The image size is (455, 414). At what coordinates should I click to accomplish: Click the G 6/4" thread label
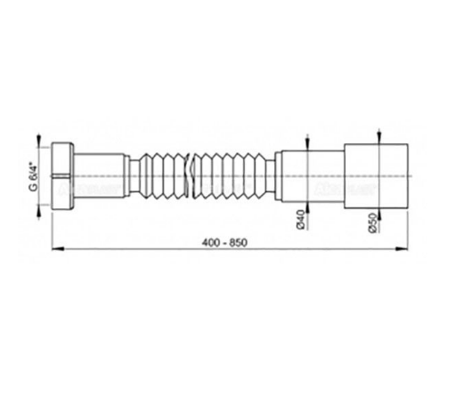pyautogui.click(x=34, y=176)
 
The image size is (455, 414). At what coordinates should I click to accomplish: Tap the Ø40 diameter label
pyautogui.click(x=300, y=219)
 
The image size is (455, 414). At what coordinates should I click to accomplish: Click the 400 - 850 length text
pyautogui.click(x=224, y=243)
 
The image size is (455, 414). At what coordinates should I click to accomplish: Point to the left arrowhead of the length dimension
pyautogui.click(x=58, y=249)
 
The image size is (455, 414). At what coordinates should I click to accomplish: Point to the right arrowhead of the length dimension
pyautogui.click(x=402, y=249)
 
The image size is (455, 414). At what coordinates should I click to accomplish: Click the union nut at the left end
pyautogui.click(x=62, y=176)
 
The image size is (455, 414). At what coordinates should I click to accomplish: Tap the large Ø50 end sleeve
pyautogui.click(x=376, y=176)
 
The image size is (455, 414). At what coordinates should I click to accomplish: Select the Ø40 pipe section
pyautogui.click(x=313, y=176)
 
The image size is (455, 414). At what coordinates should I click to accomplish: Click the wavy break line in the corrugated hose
pyautogui.click(x=188, y=175)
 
